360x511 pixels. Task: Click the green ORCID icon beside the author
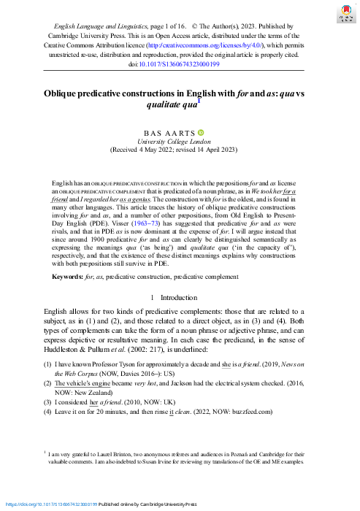202,131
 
